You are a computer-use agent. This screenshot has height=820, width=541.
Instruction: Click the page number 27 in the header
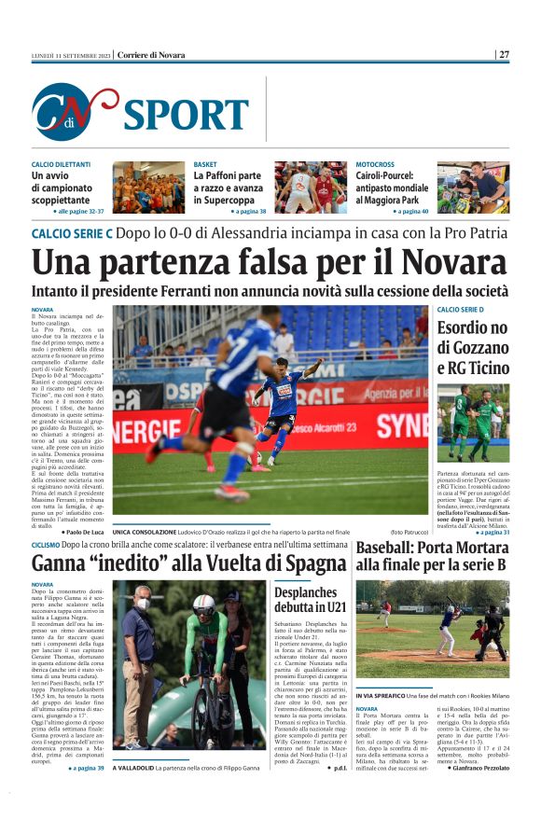pyautogui.click(x=504, y=55)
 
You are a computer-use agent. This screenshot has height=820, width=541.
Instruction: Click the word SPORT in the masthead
pyautogui.click(x=186, y=114)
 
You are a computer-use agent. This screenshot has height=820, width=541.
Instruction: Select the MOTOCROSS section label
pyautogui.click(x=376, y=164)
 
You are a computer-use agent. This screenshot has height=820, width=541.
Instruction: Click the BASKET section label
pyautogui.click(x=206, y=164)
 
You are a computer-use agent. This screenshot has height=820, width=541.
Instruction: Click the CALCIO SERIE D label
pyautogui.click(x=460, y=309)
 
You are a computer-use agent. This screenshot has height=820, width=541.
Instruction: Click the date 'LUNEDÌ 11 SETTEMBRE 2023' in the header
pyautogui.click(x=71, y=55)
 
